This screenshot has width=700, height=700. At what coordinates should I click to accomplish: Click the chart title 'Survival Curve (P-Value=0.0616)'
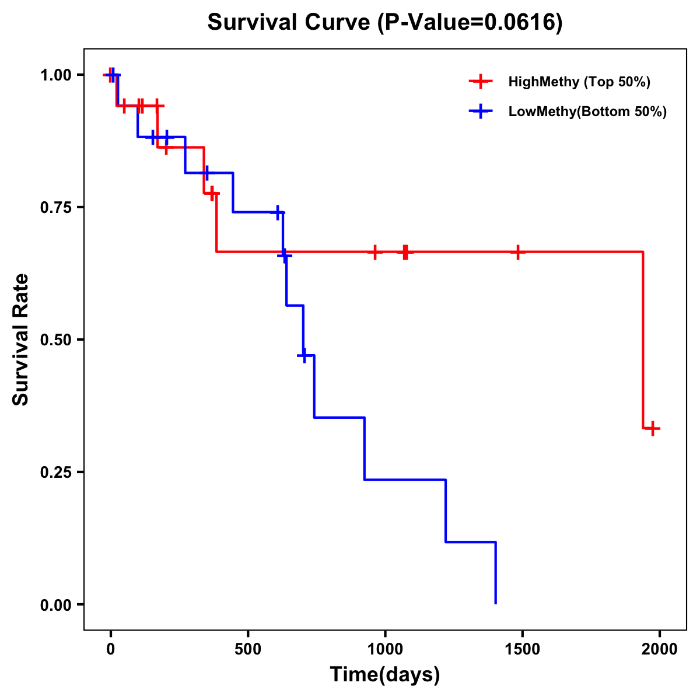tap(385, 23)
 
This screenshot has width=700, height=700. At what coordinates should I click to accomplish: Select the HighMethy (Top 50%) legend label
tap(579, 82)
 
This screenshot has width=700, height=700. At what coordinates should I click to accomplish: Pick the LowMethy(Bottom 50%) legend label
tap(587, 111)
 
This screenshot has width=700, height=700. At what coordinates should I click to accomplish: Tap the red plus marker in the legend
tap(480, 82)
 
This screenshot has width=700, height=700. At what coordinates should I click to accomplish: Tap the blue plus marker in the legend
tap(480, 111)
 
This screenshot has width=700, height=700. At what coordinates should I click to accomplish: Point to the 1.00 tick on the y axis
tap(55, 75)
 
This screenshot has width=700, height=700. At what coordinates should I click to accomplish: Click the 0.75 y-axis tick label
tap(55, 208)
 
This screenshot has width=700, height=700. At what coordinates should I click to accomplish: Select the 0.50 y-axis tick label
tap(55, 340)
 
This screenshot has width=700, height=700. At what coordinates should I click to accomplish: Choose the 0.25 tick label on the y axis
tap(55, 473)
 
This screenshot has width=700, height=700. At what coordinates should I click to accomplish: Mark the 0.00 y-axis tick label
tap(55, 605)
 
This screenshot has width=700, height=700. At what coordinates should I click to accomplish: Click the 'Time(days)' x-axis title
tap(385, 675)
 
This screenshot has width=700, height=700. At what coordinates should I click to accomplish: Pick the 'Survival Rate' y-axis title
tap(21, 339)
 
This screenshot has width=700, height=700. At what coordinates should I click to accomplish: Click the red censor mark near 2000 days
tap(653, 429)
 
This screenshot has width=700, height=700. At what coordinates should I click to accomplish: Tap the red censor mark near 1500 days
tap(517, 252)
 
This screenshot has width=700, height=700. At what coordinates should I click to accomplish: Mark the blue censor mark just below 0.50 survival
tap(303, 355)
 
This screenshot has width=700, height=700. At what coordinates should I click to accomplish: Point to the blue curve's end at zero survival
tap(496, 603)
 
